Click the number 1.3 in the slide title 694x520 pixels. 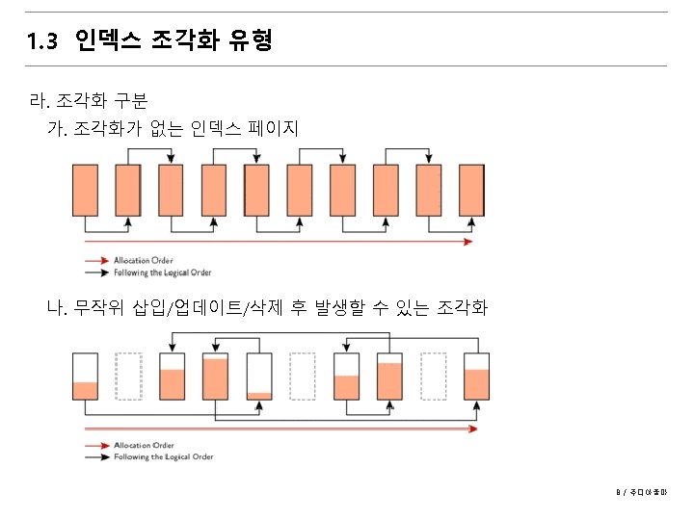pyautogui.click(x=43, y=41)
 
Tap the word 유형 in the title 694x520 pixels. pyautogui.click(x=252, y=40)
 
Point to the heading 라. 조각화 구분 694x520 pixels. pyautogui.click(x=89, y=99)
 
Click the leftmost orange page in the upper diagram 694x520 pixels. pyautogui.click(x=86, y=190)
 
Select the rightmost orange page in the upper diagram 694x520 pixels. pyautogui.click(x=471, y=190)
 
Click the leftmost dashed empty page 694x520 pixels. pyautogui.click(x=128, y=377)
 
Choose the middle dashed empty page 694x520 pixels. pyautogui.click(x=302, y=377)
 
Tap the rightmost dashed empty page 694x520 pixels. pyautogui.click(x=433, y=377)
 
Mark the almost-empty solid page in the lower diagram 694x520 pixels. pyautogui.click(x=259, y=377)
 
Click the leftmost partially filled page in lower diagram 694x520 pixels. pyautogui.click(x=86, y=377)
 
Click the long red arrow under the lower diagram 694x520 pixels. pyautogui.click(x=280, y=427)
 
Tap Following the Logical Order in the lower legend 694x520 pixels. pyautogui.click(x=162, y=457)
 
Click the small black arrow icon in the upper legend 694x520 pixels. pyautogui.click(x=96, y=273)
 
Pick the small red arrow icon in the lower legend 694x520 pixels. pyautogui.click(x=96, y=446)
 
